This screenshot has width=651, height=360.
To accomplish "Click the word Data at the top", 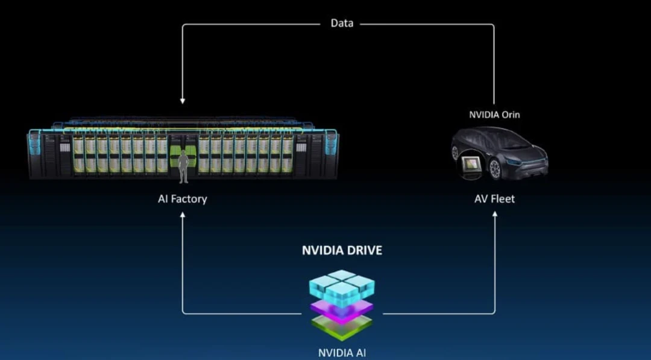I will (x=342, y=24).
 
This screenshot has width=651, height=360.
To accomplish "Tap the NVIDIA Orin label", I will (x=494, y=115).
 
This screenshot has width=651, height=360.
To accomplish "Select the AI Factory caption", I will (x=182, y=198).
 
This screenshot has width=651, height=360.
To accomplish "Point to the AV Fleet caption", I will (x=494, y=198).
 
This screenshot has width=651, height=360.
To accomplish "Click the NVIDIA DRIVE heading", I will (x=342, y=250).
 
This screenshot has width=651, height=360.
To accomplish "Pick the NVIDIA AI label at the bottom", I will (x=342, y=353).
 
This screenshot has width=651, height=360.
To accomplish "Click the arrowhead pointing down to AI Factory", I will (x=183, y=101).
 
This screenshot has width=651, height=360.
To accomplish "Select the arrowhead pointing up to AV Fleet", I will (x=495, y=214).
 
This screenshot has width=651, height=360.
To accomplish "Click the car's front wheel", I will (x=495, y=169).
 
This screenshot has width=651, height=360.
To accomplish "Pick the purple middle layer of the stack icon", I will (x=342, y=311).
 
